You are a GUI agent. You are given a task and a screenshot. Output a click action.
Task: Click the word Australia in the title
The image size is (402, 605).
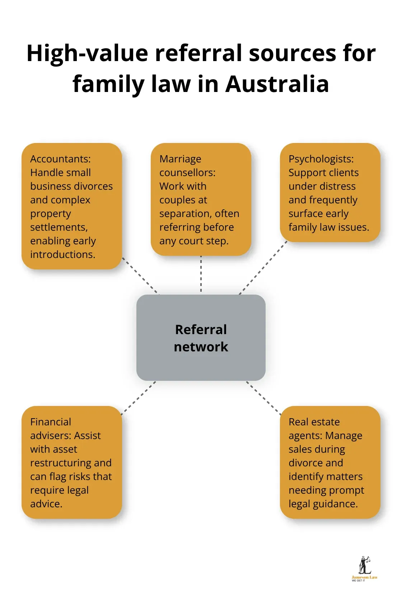click(x=277, y=84)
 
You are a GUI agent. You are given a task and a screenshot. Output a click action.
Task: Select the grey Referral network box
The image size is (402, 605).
click(x=201, y=338)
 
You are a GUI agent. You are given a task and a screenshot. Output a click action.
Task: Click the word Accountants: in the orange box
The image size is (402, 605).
click(x=60, y=159)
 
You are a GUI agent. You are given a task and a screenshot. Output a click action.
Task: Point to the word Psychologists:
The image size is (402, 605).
click(x=321, y=159)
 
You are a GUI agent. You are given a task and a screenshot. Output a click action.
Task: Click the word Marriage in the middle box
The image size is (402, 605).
click(x=180, y=159)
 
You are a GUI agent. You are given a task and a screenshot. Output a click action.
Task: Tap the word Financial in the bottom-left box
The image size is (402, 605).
click(x=51, y=422)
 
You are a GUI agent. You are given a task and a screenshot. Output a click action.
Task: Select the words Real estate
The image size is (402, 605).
click(x=314, y=422)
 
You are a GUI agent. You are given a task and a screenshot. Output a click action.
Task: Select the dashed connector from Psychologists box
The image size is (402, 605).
click(x=263, y=268)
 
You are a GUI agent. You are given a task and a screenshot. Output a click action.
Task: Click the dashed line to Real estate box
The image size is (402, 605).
click(x=264, y=398)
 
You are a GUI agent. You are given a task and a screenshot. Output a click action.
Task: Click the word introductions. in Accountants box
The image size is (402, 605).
click(x=63, y=254)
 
